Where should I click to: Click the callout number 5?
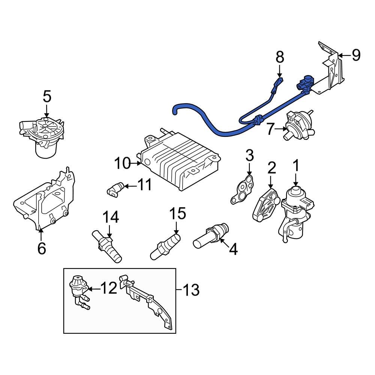click(46, 97)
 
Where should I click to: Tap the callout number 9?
click(355, 55)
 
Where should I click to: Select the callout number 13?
click(191, 289)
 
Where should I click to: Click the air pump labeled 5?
click(43, 135)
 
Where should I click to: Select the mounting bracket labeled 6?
click(45, 201)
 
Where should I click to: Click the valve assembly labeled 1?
click(298, 210)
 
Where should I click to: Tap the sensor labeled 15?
click(165, 246)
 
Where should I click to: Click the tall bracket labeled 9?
click(332, 69)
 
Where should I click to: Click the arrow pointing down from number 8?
click(279, 71)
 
